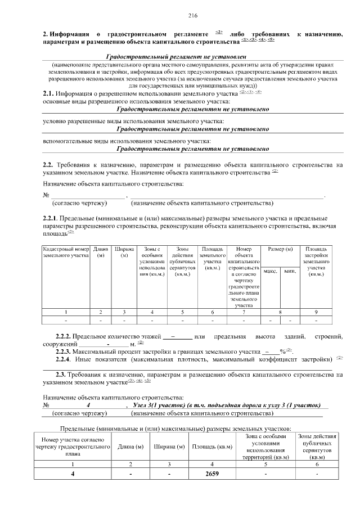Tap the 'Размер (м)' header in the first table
pyautogui.click(x=280, y=249)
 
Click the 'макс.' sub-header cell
pyautogui.click(x=270, y=271)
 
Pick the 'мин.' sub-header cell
pyautogui.click(x=290, y=271)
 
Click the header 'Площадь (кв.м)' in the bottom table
pyautogui.click(x=211, y=447)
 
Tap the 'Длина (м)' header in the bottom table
pyautogui.click(x=130, y=447)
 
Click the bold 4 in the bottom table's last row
pyautogui.click(x=72, y=474)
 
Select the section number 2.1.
pyautogui.click(x=48, y=93)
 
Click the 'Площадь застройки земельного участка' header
pyautogui.click(x=316, y=262)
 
